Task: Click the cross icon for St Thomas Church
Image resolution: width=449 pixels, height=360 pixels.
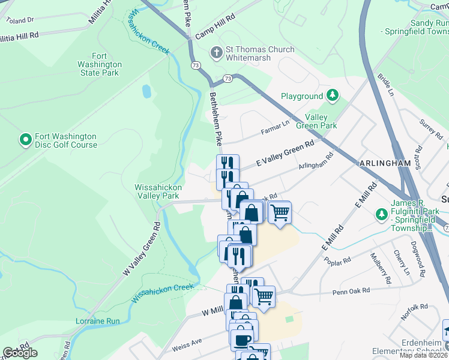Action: (x=217, y=53)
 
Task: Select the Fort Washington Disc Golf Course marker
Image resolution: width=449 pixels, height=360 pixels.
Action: (x=25, y=140)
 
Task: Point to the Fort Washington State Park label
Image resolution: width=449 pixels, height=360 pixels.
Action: (x=100, y=64)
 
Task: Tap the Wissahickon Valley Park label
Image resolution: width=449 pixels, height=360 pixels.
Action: (x=157, y=191)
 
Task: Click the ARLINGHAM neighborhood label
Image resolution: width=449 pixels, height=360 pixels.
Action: (x=385, y=163)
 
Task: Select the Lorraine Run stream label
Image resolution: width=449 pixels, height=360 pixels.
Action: (x=98, y=321)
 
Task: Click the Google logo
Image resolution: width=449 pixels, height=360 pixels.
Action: (x=20, y=353)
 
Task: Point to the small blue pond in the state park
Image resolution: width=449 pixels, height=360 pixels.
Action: (x=146, y=92)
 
